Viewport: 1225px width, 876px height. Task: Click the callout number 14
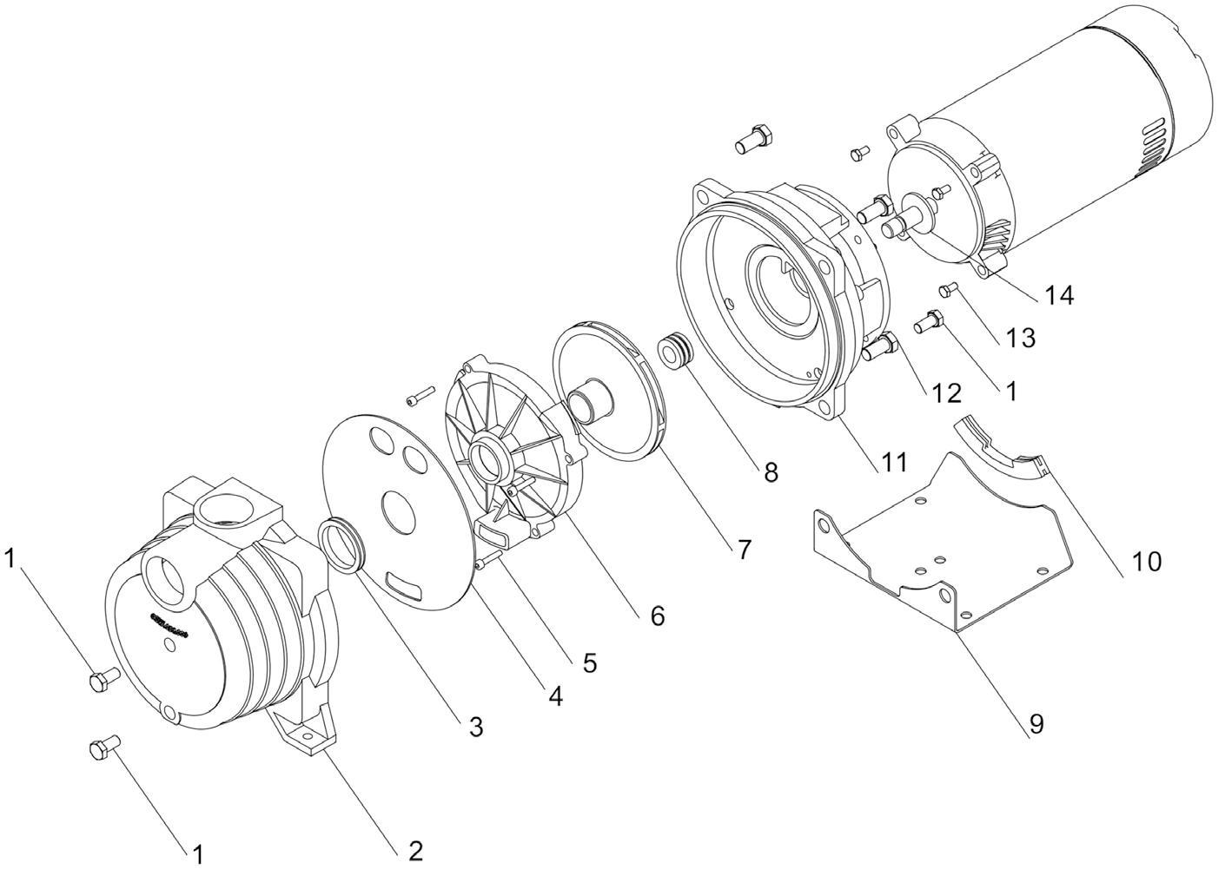[1058, 295]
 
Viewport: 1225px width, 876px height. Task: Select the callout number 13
[1021, 337]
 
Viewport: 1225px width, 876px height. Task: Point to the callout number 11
[893, 461]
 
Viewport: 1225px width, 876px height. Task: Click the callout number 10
[1145, 562]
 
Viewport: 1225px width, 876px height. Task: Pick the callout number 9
[1036, 723]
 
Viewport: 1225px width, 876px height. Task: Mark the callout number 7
[743, 549]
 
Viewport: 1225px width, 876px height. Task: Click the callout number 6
[657, 616]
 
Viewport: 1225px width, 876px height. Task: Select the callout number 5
[589, 663]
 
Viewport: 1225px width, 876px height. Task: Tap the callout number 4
[554, 695]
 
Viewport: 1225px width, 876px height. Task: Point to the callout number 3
[475, 727]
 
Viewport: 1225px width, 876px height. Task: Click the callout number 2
[415, 851]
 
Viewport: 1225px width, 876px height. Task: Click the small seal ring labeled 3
[341, 544]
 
